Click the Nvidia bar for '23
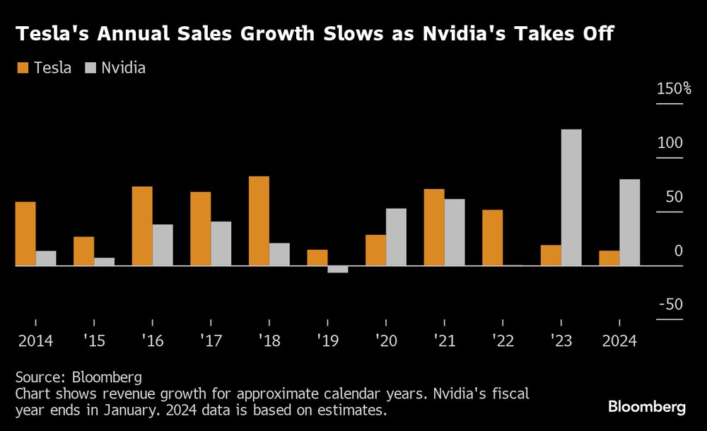(x=571, y=197)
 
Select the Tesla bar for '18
(x=259, y=221)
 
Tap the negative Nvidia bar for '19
(x=338, y=270)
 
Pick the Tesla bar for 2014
(x=25, y=234)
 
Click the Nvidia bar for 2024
(x=630, y=222)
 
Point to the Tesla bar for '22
(x=493, y=238)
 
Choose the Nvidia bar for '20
(x=396, y=237)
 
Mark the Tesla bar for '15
(x=84, y=251)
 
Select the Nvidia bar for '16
(x=163, y=245)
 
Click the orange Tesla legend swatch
(x=22, y=68)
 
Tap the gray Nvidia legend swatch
(x=89, y=68)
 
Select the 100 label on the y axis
(x=670, y=143)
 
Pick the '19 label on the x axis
(x=327, y=341)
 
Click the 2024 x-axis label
(x=619, y=341)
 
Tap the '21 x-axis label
(x=445, y=341)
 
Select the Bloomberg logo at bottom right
(x=647, y=407)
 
